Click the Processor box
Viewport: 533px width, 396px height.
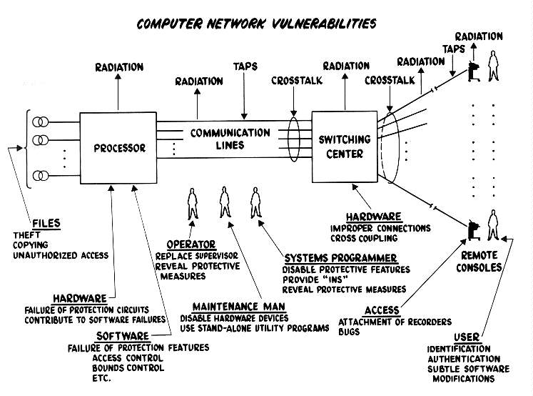[x=119, y=149]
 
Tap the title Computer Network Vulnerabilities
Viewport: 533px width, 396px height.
[x=258, y=24]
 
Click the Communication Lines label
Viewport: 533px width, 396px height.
[x=230, y=139]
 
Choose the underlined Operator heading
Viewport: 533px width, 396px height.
[x=190, y=244]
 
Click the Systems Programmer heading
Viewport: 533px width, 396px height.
[x=340, y=258]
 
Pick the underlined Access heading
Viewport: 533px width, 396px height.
[x=381, y=310]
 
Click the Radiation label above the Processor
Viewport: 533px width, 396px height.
[x=119, y=67]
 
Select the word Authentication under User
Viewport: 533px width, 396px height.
[x=463, y=358]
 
